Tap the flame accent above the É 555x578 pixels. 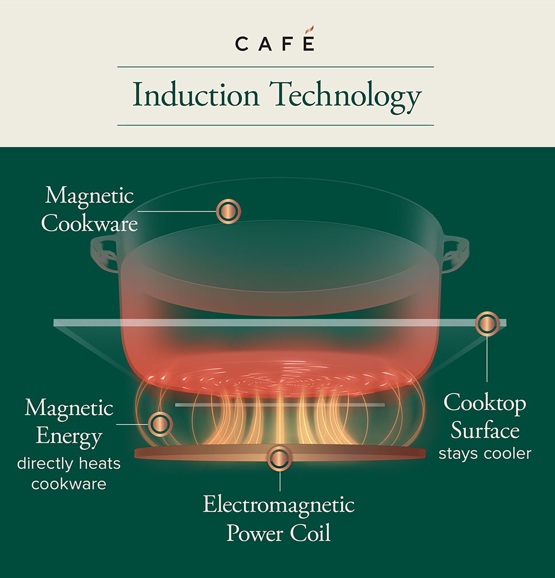[309, 30]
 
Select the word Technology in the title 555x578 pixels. [345, 96]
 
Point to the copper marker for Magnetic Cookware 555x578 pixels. [228, 211]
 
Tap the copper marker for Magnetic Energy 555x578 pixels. [160, 424]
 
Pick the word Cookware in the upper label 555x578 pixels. [89, 224]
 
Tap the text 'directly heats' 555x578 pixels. [69, 464]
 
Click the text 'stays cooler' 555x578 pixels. [484, 454]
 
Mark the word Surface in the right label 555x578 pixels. [484, 430]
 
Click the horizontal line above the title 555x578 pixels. [275, 67]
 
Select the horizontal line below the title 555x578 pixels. [275, 125]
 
